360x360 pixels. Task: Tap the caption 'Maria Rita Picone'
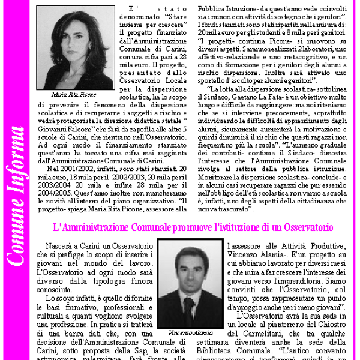point(74,94)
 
